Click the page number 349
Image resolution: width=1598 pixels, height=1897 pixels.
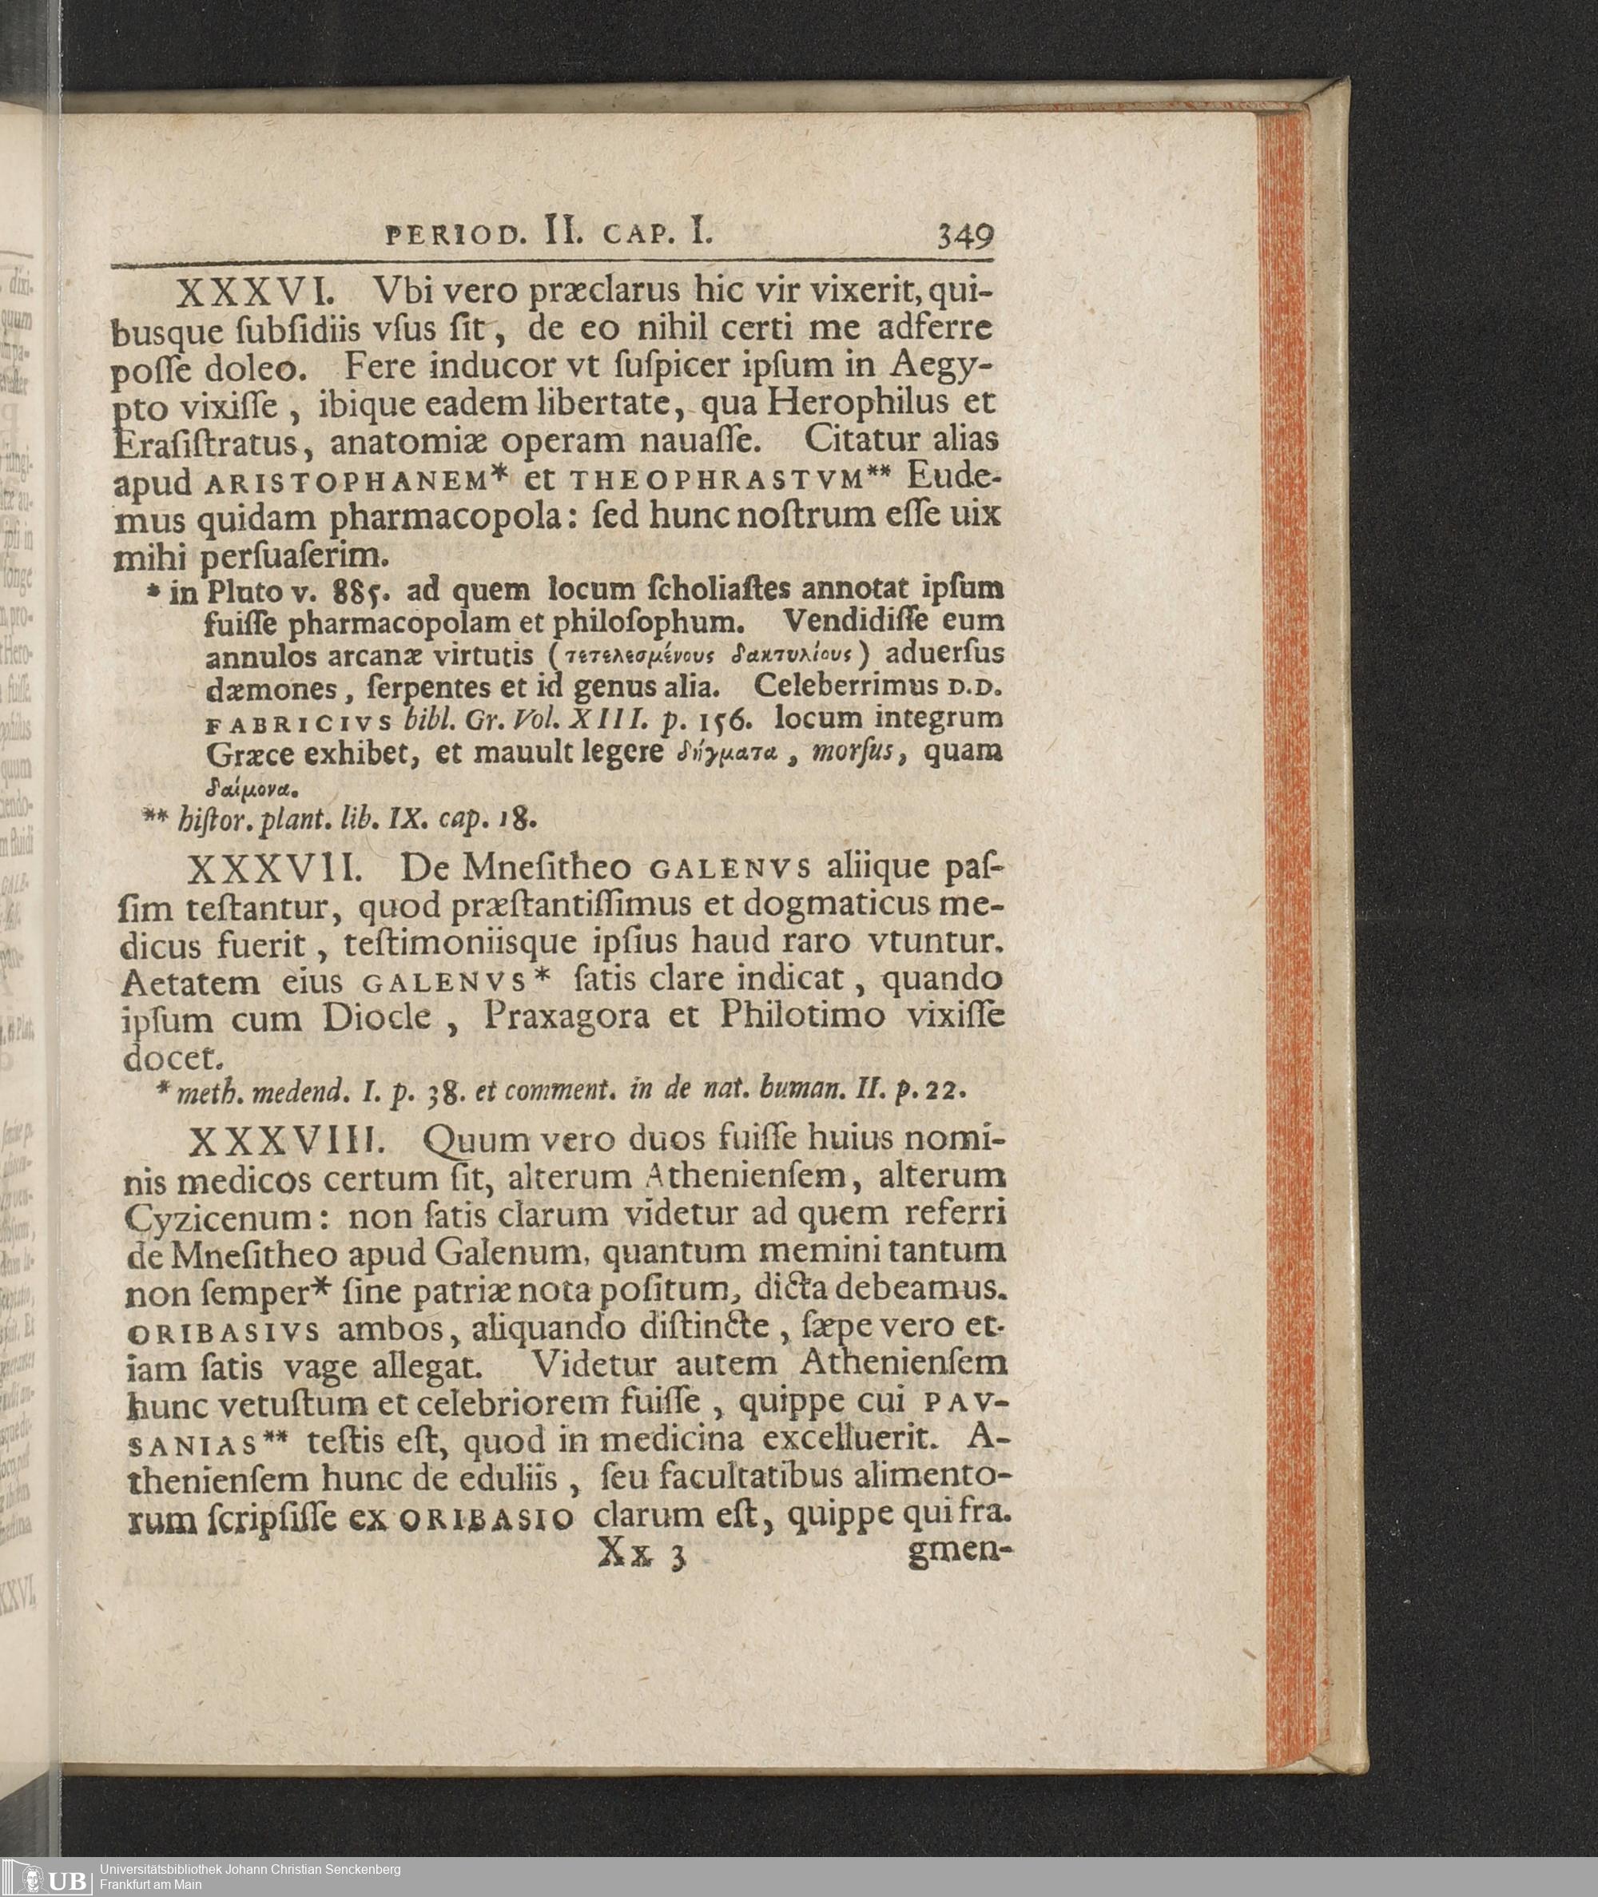coord(966,237)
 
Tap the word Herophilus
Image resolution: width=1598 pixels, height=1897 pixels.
coord(856,401)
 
